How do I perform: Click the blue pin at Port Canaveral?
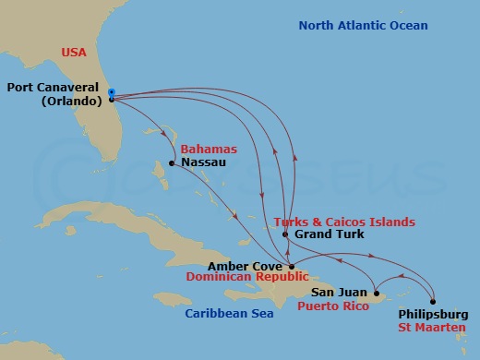click(x=111, y=93)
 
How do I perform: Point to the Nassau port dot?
click(x=172, y=164)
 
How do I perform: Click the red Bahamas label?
click(x=209, y=149)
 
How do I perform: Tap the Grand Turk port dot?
click(x=286, y=234)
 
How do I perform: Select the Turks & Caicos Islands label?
click(x=344, y=222)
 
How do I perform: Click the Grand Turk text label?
click(x=329, y=234)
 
